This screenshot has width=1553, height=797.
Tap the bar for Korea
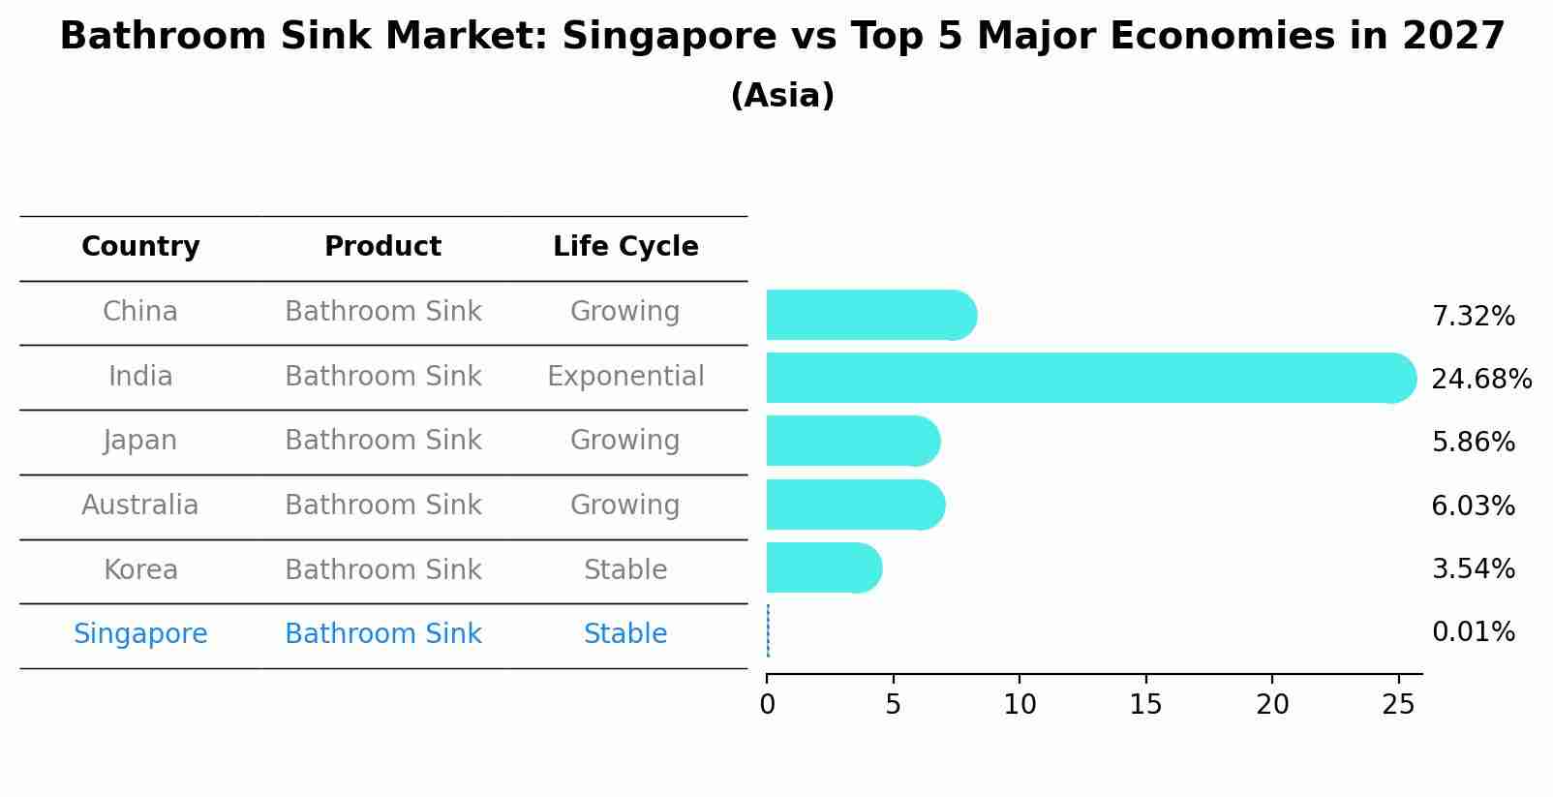(823, 567)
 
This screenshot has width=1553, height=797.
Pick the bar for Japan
(852, 441)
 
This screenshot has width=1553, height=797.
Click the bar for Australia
(854, 505)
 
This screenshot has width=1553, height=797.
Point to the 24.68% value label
(1480, 379)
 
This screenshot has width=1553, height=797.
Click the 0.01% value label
(1473, 632)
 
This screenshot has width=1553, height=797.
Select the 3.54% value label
(1473, 568)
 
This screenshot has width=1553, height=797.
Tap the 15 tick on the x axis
(1145, 704)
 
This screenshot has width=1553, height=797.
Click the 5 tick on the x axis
(893, 704)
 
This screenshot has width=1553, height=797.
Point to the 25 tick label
(1398, 704)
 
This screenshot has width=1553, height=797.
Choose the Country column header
(140, 247)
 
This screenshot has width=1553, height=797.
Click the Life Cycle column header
(625, 247)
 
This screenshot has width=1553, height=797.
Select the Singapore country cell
(140, 634)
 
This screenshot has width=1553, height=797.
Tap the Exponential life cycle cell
(625, 377)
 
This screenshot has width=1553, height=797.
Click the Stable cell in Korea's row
(625, 570)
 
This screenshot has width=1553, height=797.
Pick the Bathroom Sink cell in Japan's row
(382, 441)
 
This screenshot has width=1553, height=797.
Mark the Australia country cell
(140, 506)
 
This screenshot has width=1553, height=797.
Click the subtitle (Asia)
(782, 96)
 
